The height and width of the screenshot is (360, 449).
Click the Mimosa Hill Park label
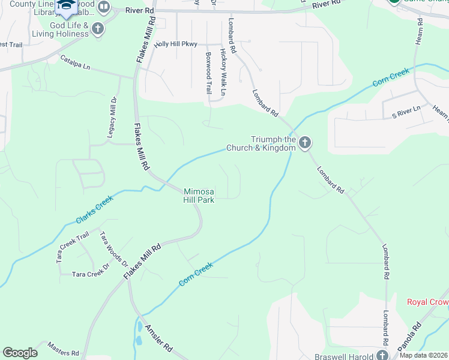pos(199,196)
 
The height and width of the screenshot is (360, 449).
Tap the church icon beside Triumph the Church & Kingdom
pos(305,143)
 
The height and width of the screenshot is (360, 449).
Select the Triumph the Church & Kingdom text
pos(261,143)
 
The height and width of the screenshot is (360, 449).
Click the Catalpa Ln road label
pos(75,62)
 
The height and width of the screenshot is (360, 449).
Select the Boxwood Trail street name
pos(209,72)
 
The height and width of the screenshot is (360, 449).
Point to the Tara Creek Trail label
pos(73,246)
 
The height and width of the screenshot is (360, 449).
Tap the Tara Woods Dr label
pos(114,250)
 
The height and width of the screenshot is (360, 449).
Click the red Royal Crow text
pos(427,302)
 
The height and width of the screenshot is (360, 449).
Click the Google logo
pos(20,353)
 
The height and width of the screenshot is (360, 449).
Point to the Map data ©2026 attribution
pos(423,355)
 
